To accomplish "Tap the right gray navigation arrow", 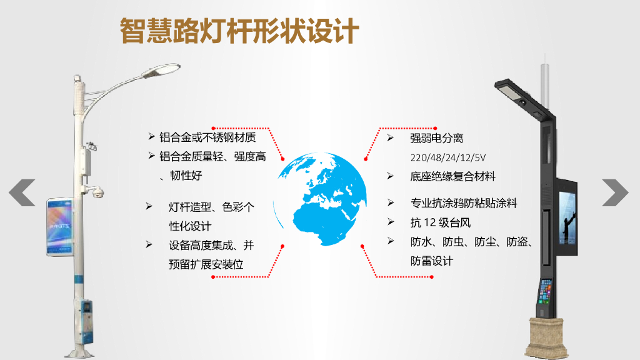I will pyautogui.click(x=615, y=192).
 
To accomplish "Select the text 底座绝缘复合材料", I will pyautogui.click(x=452, y=177).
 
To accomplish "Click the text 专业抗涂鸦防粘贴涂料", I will pyautogui.click(x=464, y=203).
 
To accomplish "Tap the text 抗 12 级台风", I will pyautogui.click(x=440, y=222).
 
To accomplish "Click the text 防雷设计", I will pyautogui.click(x=431, y=261).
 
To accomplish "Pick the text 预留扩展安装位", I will pyautogui.click(x=206, y=264).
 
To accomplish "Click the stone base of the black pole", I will pyautogui.click(x=548, y=337).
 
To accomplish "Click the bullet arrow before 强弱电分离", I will pyautogui.click(x=390, y=137).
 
